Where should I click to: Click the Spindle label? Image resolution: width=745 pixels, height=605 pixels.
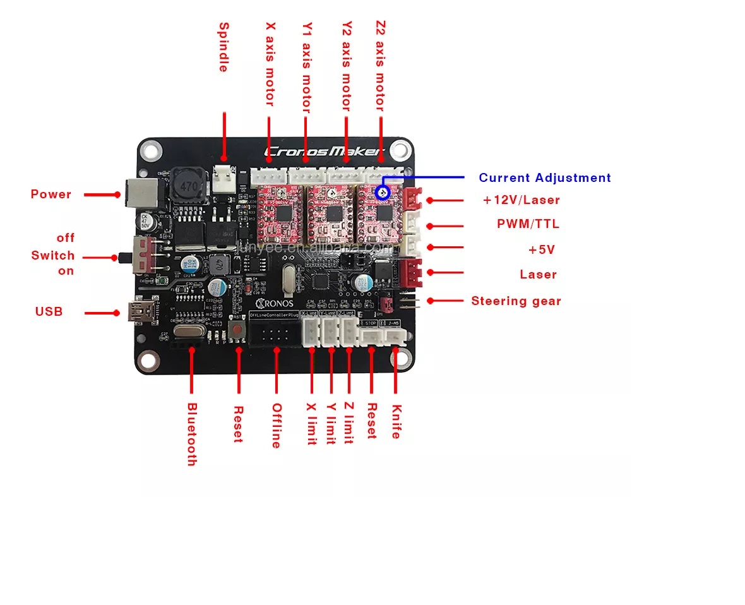point(223,47)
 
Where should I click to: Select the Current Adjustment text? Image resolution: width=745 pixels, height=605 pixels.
point(544,178)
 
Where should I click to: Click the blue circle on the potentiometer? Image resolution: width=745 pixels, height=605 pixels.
point(381,192)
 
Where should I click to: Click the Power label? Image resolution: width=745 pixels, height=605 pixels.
point(51,195)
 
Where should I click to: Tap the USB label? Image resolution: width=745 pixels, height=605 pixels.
point(49,311)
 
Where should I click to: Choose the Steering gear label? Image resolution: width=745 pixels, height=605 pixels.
point(516,301)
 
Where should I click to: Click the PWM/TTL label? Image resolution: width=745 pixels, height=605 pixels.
point(528,224)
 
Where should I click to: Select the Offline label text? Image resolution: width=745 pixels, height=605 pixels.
point(276,426)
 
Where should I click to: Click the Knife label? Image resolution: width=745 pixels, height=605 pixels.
point(396,422)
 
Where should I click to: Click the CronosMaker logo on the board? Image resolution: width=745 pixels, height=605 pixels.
point(323,152)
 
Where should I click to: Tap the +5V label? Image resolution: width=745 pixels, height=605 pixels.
point(541,250)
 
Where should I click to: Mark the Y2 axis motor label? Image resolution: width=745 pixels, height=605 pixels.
point(347,66)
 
